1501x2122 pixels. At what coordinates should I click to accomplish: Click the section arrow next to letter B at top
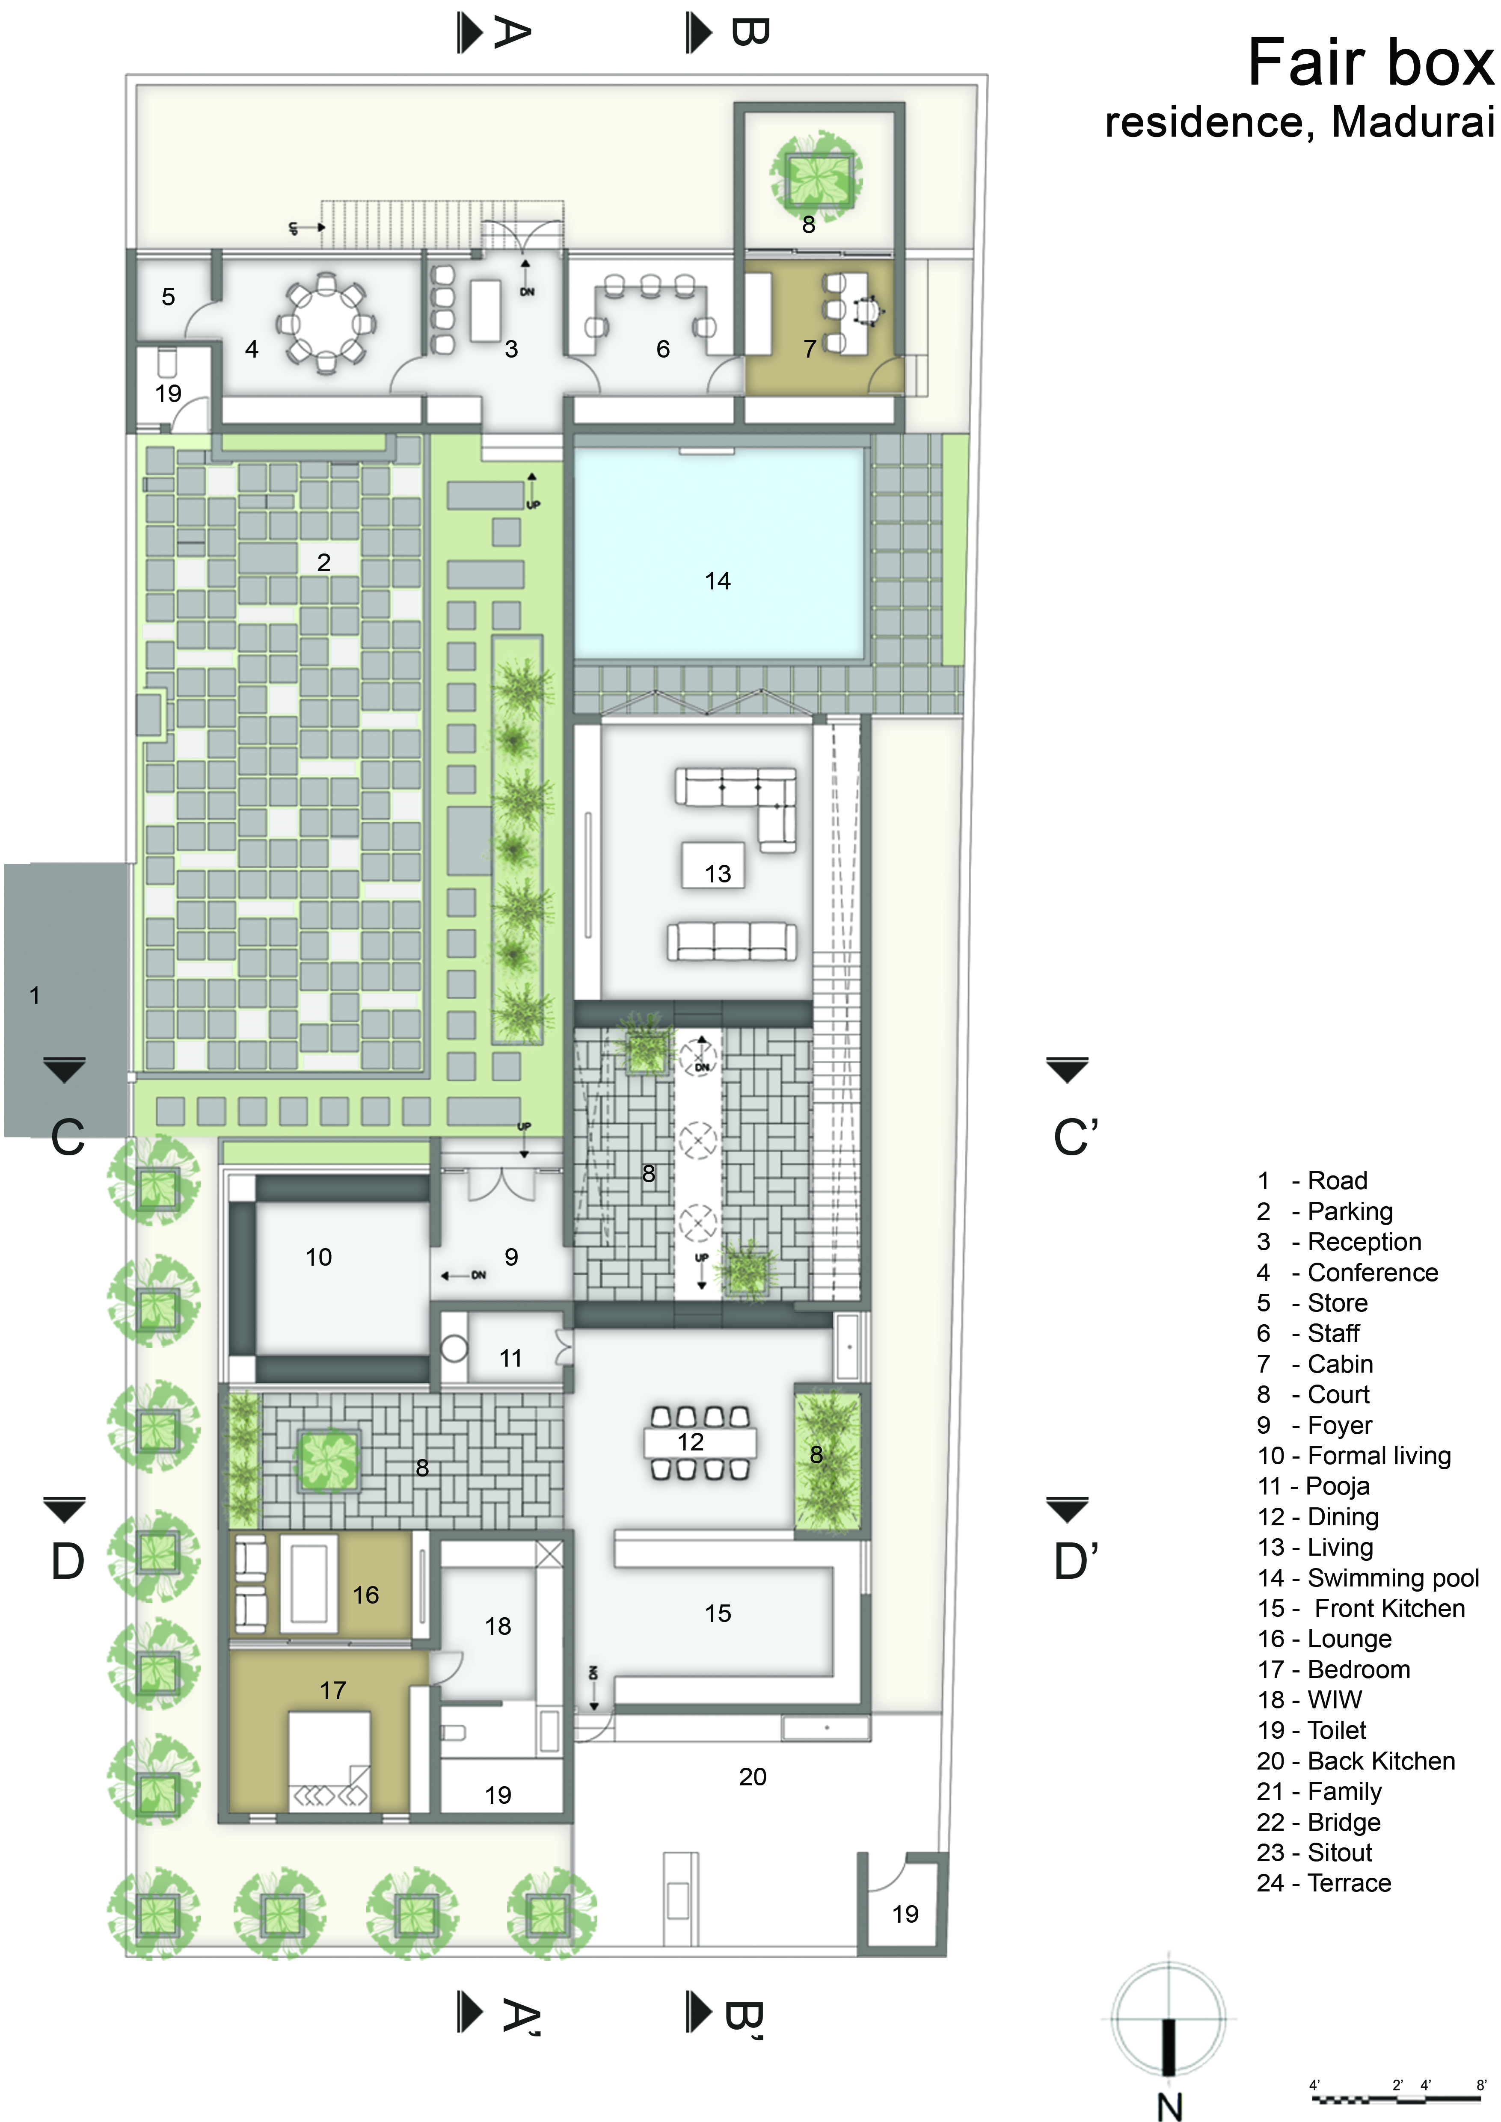tap(700, 33)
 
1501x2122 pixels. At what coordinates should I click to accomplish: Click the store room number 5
tap(168, 297)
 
